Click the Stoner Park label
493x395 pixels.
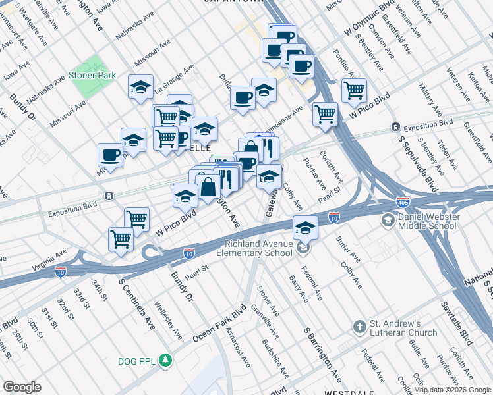pyautogui.click(x=92, y=76)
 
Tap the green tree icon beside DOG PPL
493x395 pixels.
pyautogui.click(x=168, y=360)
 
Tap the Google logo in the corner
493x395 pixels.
pyautogui.click(x=22, y=387)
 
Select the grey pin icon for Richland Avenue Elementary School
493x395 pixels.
pyautogui.click(x=303, y=248)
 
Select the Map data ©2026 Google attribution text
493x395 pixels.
pyautogui.click(x=451, y=390)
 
